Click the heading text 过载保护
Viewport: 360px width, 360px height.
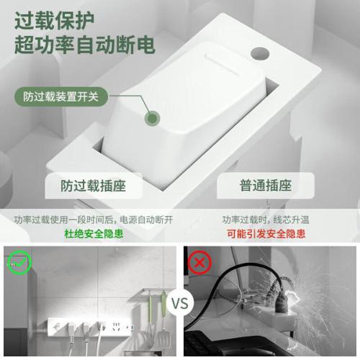55,21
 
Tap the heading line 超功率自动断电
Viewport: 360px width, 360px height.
85,45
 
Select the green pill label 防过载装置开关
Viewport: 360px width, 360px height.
61,96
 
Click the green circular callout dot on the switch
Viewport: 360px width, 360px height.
152,118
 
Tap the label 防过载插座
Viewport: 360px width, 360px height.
93,186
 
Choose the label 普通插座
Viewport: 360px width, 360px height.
266,186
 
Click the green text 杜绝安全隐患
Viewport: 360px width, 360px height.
94,233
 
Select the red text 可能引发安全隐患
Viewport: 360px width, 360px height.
266,233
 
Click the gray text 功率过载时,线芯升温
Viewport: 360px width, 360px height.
266,220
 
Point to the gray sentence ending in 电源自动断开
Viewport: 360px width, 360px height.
94,220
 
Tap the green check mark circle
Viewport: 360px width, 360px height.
19,262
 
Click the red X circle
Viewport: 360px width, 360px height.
199,263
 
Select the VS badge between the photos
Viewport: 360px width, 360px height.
180,303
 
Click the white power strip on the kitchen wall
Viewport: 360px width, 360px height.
90,327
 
